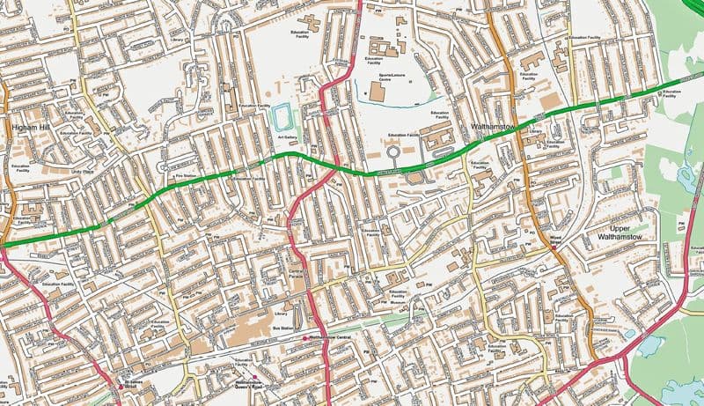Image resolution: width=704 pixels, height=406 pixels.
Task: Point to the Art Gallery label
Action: click(288, 137)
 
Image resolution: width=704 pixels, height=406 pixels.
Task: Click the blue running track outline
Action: click(282, 117)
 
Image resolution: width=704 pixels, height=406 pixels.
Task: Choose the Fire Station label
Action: click(186, 177)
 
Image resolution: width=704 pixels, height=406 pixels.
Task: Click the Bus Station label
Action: click(282, 328)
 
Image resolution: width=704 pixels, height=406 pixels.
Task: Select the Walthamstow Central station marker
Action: click(305, 338)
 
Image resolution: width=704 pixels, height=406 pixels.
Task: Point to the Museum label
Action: click(398, 304)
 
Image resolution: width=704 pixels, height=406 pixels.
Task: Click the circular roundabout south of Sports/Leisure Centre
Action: click(393, 151)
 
